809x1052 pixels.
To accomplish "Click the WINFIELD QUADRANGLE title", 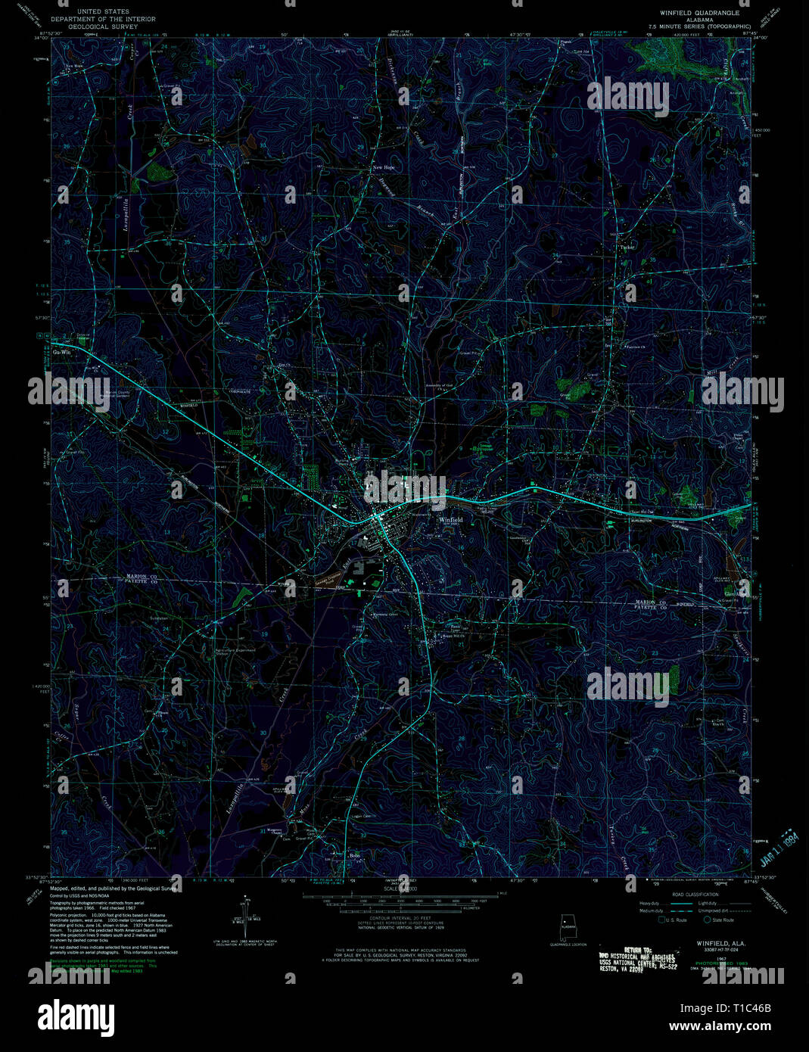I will (x=699, y=13).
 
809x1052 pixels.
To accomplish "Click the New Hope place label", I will (x=383, y=167).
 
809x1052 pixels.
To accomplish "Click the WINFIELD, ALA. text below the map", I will (x=710, y=943).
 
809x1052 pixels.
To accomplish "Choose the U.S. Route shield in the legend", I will (x=662, y=920).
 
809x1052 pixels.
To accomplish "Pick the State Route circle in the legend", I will (x=708, y=920).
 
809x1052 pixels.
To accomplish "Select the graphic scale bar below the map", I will (x=401, y=896).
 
